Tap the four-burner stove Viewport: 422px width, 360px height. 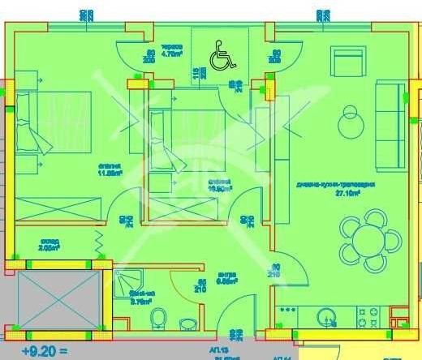click(375, 315)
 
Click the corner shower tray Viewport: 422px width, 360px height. click(126, 282)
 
